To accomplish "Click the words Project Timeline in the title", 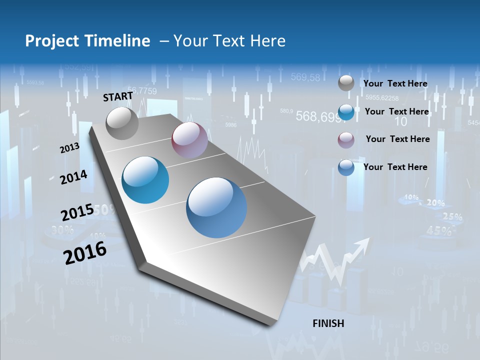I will tap(87, 41).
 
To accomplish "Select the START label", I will tap(118, 96).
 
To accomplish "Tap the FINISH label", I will tap(328, 323).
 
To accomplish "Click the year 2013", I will tap(69, 148).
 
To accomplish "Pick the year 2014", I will tap(73, 177).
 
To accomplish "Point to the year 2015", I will tap(77, 212).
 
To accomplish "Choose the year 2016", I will tap(85, 253).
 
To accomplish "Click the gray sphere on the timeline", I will tap(122, 123).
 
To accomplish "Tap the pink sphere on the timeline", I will tap(189, 139).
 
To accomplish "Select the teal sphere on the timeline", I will tap(145, 180).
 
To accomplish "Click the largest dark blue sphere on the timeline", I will tap(216, 207).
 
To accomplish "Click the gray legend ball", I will tap(346, 83).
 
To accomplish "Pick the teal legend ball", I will tap(346, 112).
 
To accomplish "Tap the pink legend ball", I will tap(346, 140).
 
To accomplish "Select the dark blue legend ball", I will tap(346, 167).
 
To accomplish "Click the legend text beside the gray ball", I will tap(395, 84).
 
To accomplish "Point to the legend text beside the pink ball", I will tap(397, 139).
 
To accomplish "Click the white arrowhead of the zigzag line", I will tap(363, 244).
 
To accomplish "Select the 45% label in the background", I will tap(440, 231).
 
